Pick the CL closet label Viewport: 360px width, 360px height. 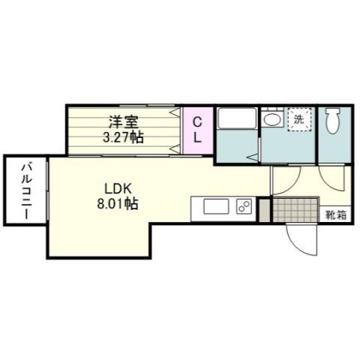pyautogui.click(x=198, y=130)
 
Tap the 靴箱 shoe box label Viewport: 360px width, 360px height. pyautogui.click(x=334, y=215)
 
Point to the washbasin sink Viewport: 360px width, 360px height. pyautogui.click(x=273, y=119)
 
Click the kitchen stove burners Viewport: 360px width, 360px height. pyautogui.click(x=244, y=207)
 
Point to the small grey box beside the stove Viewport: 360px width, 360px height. pyautogui.click(x=262, y=208)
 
